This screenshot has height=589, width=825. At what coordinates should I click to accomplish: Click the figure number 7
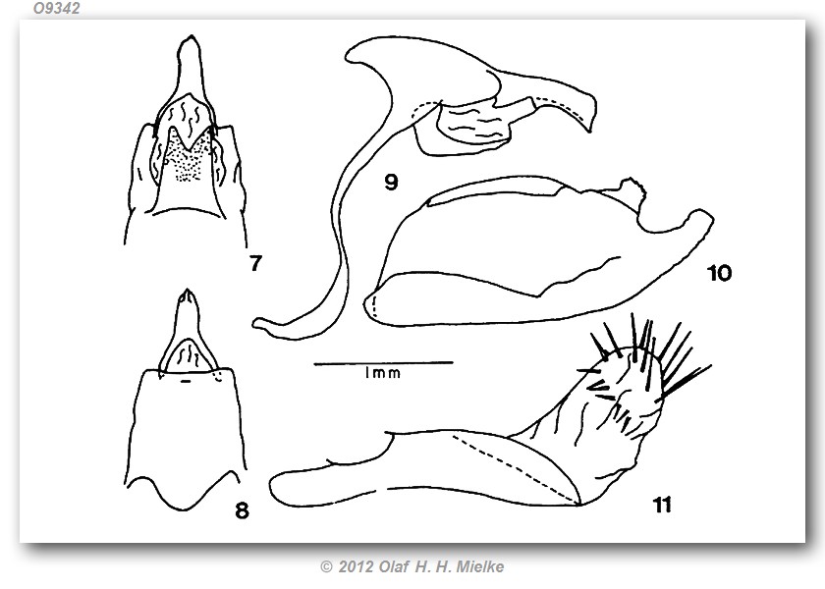pyautogui.click(x=255, y=262)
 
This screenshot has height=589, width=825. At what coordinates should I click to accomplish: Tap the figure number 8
pyautogui.click(x=242, y=510)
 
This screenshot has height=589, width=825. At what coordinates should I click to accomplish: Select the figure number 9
pyautogui.click(x=391, y=183)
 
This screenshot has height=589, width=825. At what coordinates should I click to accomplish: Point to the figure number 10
pyautogui.click(x=719, y=273)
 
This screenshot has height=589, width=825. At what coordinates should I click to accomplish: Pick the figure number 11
pyautogui.click(x=662, y=505)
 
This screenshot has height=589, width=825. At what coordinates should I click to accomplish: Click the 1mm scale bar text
pyautogui.click(x=382, y=373)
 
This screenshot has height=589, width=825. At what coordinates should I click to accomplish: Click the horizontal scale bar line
pyautogui.click(x=383, y=362)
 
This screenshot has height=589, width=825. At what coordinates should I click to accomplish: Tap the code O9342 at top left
pyautogui.click(x=56, y=8)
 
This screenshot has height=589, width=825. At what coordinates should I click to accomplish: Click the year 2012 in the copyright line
pyautogui.click(x=357, y=566)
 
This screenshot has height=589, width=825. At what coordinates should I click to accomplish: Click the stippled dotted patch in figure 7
pyautogui.click(x=185, y=156)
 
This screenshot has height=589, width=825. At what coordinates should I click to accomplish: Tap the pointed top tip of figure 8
pyautogui.click(x=187, y=290)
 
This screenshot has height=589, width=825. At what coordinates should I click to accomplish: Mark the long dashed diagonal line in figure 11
pyautogui.click(x=516, y=467)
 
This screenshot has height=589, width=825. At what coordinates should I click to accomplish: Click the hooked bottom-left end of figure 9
pyautogui.click(x=263, y=325)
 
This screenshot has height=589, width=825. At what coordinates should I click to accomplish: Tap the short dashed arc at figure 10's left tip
pyautogui.click(x=374, y=306)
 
